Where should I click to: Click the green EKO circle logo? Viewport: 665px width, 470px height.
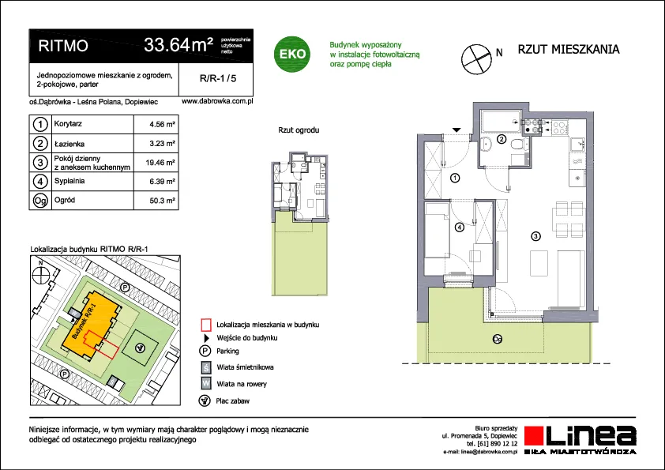[x=291, y=54]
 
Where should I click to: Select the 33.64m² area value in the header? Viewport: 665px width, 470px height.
[x=178, y=44]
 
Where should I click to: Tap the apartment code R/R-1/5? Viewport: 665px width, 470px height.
[x=218, y=78]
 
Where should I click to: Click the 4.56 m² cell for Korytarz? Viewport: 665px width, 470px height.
[x=162, y=124]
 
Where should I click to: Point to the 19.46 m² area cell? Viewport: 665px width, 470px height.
[x=160, y=163]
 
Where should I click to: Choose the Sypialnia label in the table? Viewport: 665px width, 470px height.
[x=70, y=181]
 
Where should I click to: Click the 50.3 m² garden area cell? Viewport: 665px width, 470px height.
[x=162, y=200]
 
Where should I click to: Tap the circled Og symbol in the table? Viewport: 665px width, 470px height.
[x=40, y=200]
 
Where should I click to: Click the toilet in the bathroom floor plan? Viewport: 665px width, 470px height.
[x=517, y=145]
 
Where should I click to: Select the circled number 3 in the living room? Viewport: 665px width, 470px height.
[x=535, y=236]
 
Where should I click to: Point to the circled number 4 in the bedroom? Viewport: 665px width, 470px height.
[x=460, y=227]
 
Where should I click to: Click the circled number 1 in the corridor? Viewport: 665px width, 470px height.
[x=455, y=178]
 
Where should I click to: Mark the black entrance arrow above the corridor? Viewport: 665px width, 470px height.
[x=456, y=130]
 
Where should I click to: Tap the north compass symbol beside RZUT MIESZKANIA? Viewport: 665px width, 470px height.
[x=476, y=59]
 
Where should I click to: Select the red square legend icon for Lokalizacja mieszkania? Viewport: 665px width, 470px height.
[x=205, y=325]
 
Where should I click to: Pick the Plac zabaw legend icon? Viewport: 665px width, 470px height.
[x=205, y=400]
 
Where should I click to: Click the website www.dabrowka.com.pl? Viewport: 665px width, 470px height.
[x=217, y=101]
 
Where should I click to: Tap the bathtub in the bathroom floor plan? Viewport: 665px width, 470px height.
[x=501, y=121]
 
